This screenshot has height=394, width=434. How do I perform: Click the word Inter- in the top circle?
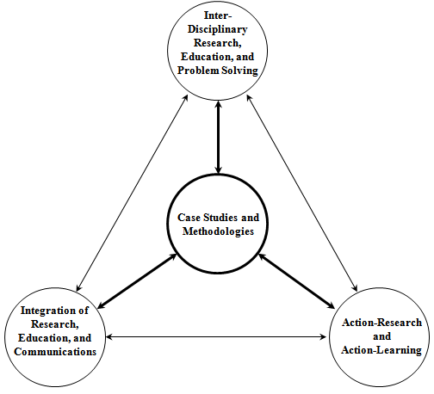pos(218,15)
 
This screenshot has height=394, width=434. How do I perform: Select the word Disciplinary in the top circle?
pos(218,29)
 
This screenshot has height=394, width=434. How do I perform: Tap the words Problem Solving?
pos(218,71)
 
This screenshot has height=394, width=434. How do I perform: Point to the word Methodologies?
pos(218,231)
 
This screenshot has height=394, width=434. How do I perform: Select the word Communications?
pos(55,352)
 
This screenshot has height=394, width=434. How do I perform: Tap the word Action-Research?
pos(381,323)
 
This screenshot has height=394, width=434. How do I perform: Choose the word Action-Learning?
pos(381,350)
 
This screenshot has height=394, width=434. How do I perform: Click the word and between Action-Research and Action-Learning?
pos(381,336)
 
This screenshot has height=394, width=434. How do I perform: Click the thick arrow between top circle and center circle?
pos(218,138)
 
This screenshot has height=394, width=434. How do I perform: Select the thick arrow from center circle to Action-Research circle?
pos(297,281)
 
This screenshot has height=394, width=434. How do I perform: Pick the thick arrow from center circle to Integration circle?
pos(138,281)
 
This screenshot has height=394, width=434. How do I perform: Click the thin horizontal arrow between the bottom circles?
pos(216,336)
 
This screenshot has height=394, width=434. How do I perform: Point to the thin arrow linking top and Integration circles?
pos(132,193)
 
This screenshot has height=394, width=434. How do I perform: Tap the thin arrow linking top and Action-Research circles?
pos(302,193)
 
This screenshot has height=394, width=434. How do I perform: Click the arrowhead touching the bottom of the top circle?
pos(218,105)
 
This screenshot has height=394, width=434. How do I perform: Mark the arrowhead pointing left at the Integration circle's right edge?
pos(109,336)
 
